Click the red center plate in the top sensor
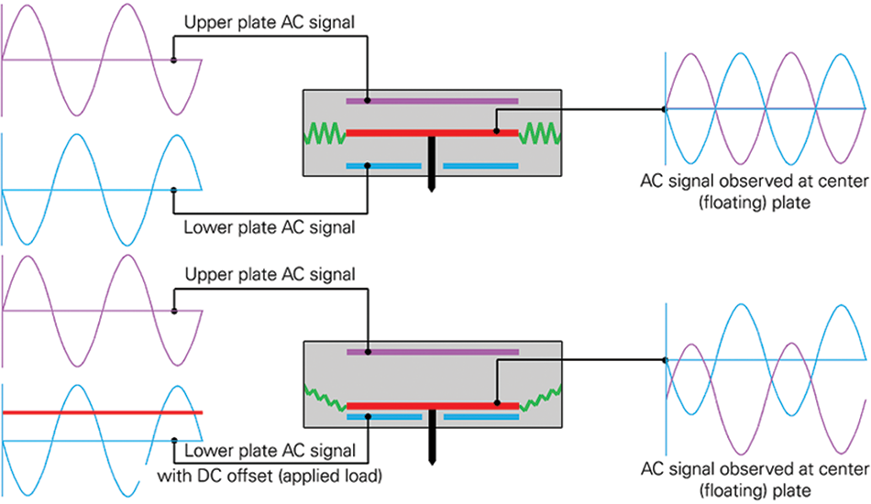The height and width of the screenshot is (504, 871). coord(432,134)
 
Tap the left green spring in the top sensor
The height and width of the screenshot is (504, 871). coord(322,135)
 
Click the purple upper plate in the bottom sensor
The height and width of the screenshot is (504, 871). coord(432,351)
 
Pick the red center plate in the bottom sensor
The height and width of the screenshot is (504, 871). coord(432,404)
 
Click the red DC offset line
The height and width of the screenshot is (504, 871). coord(102,412)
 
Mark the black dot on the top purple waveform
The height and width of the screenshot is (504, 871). coord(174,60)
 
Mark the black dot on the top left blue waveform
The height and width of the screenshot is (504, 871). coord(174,191)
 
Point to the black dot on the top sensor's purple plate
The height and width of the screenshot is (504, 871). coord(368,100)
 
